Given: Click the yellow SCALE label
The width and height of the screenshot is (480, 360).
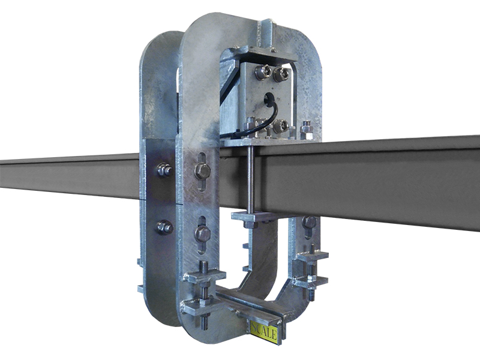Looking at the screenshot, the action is (264, 332).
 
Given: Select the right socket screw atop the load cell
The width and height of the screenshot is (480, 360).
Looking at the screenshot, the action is (281, 74).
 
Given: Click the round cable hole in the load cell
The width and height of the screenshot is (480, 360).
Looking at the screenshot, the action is (269, 97).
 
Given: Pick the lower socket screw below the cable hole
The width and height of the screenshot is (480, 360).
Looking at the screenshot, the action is (281, 125).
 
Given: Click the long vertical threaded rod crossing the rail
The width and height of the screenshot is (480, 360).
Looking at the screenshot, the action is (251, 178).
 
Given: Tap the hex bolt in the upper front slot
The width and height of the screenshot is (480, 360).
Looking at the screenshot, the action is (202, 171).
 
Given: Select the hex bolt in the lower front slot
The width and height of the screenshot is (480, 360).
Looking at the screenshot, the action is (202, 235).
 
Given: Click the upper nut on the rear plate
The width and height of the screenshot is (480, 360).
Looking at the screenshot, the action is (164, 170).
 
